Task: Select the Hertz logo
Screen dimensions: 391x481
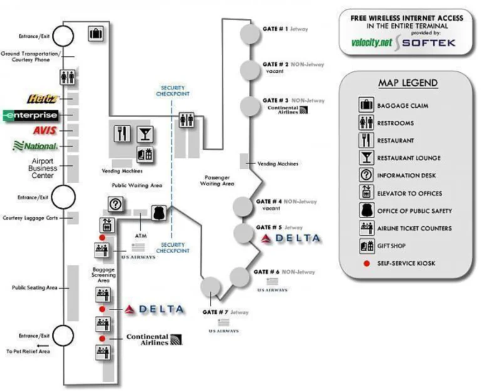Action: (x=43, y=98)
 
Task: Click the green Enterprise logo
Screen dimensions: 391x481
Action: (x=31, y=115)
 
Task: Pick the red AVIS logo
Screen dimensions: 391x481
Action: (x=45, y=131)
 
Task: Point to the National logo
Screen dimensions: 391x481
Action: (x=36, y=146)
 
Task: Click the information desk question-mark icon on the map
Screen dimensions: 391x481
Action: (x=115, y=204)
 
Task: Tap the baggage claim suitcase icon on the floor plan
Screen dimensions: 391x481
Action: (x=96, y=33)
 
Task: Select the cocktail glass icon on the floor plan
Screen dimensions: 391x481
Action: (x=145, y=133)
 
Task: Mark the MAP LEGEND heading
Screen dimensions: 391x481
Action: (x=408, y=83)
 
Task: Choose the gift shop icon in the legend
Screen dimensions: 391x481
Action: (x=366, y=246)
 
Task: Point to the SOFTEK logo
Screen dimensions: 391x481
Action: (x=428, y=43)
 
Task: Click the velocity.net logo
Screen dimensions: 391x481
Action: (x=372, y=43)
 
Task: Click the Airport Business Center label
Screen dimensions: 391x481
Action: (x=43, y=168)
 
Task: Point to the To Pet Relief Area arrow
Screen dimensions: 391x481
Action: (x=42, y=345)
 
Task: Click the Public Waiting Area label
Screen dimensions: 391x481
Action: (x=137, y=185)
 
